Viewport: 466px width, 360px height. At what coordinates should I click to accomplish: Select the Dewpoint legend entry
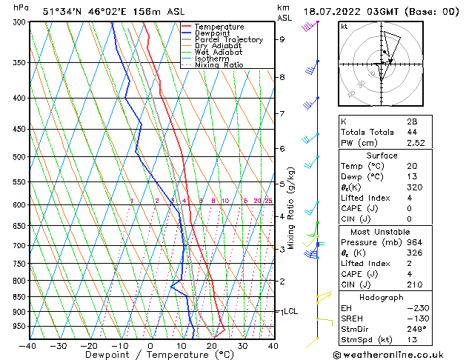click(x=216, y=33)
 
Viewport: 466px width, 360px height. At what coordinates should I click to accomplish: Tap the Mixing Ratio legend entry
click(x=219, y=66)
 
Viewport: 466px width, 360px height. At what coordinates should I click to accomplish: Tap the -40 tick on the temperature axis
click(x=28, y=345)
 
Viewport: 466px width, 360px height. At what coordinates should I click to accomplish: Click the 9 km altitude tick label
click(x=282, y=39)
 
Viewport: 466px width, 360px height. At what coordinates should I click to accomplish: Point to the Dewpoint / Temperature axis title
click(x=150, y=356)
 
